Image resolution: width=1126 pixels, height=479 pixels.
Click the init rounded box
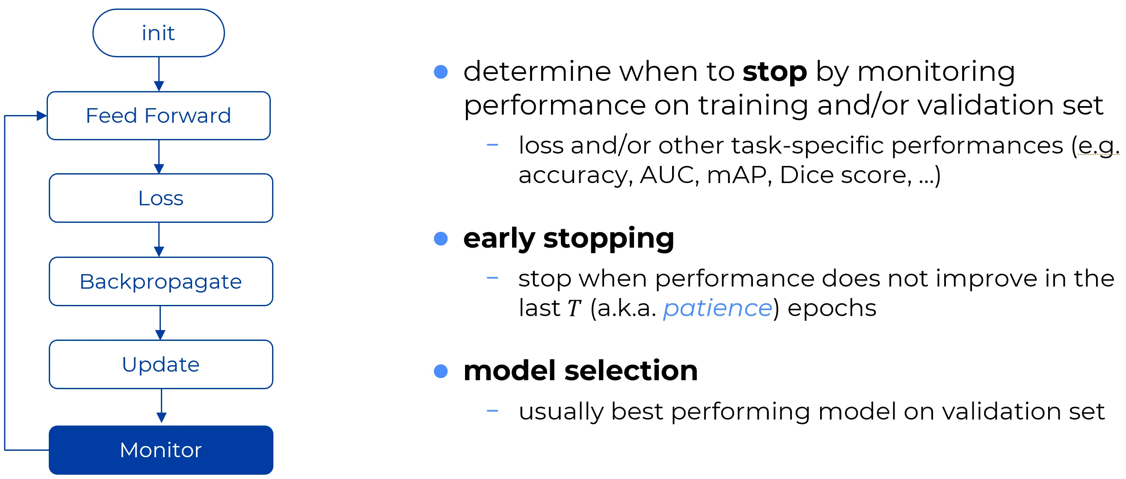(x=159, y=33)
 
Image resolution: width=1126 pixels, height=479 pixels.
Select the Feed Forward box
(x=159, y=115)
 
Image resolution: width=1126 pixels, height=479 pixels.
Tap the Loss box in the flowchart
(x=161, y=198)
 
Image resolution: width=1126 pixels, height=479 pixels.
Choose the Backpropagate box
(x=161, y=281)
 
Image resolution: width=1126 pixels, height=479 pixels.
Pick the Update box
(x=161, y=364)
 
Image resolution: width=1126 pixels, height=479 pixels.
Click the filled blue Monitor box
(x=161, y=450)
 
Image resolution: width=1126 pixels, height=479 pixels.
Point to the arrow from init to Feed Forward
(x=159, y=74)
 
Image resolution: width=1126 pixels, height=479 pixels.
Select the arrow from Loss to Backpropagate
(x=159, y=239)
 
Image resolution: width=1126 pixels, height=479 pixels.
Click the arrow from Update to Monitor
(x=161, y=405)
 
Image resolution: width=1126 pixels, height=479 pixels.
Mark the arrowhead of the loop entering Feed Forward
(x=42, y=115)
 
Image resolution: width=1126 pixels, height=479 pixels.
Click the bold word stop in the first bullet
(x=775, y=72)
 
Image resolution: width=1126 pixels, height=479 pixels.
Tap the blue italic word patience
(x=718, y=308)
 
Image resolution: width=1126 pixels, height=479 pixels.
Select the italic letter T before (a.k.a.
(x=574, y=308)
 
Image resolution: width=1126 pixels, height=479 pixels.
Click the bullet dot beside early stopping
(x=441, y=239)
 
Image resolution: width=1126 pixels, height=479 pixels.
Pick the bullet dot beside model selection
(x=441, y=371)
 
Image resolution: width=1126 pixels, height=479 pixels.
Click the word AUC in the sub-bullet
(x=667, y=175)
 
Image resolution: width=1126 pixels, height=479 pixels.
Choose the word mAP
(x=737, y=175)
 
